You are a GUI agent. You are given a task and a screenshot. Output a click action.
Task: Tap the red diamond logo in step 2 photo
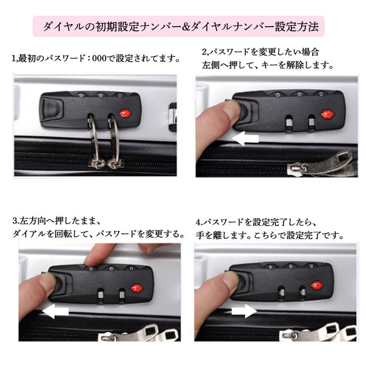[327, 114]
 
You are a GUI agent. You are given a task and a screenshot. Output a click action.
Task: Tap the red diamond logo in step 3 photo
[135, 288]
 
